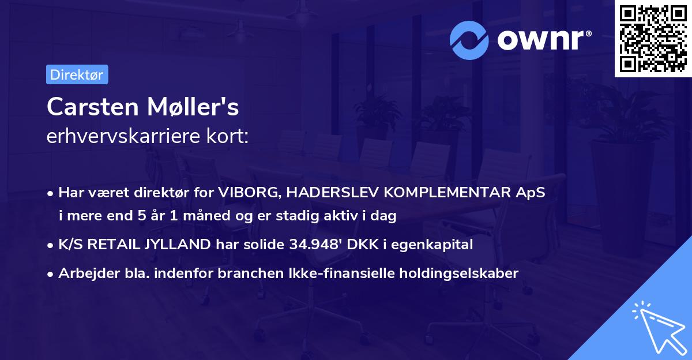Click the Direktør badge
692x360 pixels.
[77, 74]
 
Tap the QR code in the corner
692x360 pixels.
[653, 39]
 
